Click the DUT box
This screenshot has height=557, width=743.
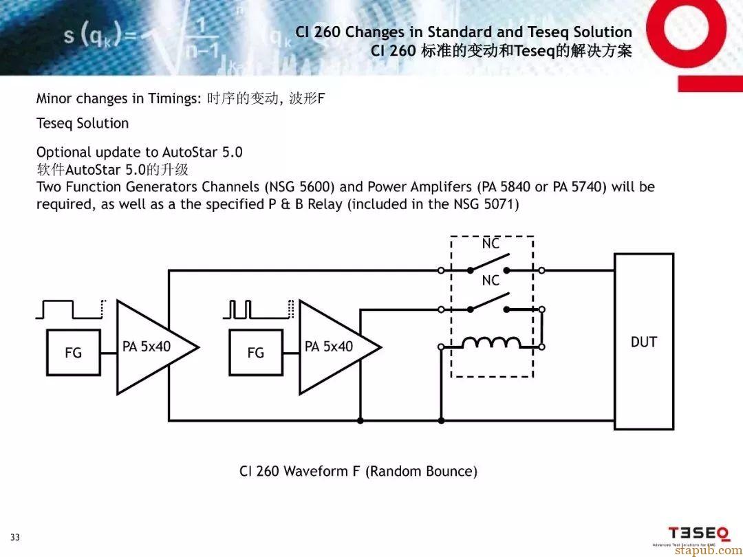tap(643, 342)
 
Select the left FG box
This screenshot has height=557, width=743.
tap(73, 353)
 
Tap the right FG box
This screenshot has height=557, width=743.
tap(255, 353)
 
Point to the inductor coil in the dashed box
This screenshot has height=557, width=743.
tap(491, 342)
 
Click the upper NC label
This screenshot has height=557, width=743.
tap(491, 244)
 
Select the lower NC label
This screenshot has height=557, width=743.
tap(491, 281)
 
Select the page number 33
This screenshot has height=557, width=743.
tap(15, 537)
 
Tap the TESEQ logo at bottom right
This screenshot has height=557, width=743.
tap(698, 534)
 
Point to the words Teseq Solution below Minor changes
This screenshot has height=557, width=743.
tap(83, 124)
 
